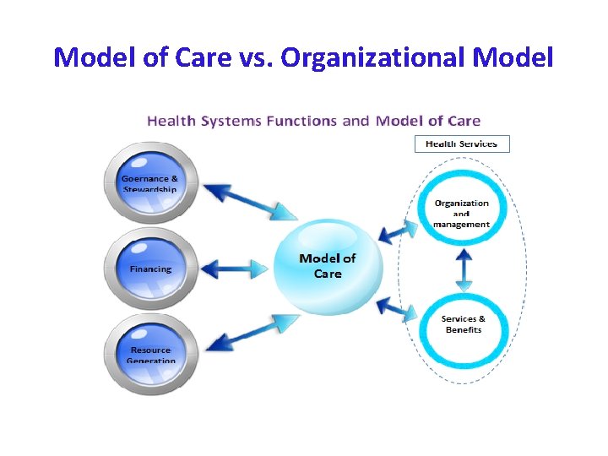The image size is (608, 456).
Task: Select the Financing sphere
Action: [x=150, y=269]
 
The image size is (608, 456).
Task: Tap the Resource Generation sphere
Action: [x=150, y=353]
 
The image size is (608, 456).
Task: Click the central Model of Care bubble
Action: [x=328, y=266]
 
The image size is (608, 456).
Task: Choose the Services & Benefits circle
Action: [x=463, y=324]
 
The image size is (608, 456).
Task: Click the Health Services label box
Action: [x=462, y=144]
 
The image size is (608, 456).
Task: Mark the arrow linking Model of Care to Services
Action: [x=397, y=308]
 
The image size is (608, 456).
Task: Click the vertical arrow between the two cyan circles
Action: [x=463, y=269]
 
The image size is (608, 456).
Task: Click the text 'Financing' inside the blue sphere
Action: [x=150, y=269]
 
